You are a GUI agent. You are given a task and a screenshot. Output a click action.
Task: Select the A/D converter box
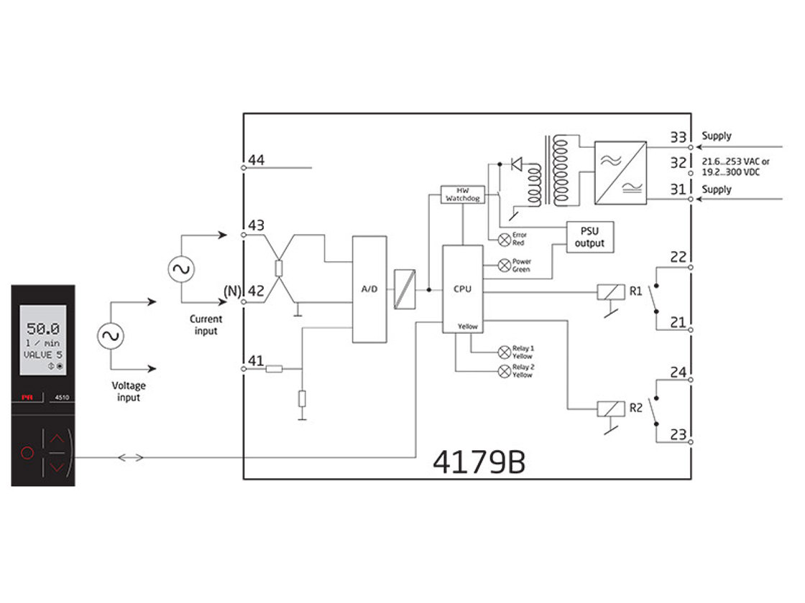tap(369, 289)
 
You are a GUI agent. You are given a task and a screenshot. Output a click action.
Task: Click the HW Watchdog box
tap(462, 194)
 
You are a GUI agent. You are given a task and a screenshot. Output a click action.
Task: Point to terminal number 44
tap(256, 159)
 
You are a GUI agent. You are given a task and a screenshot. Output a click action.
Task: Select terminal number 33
tap(678, 136)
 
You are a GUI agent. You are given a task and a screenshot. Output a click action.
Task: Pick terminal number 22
tap(678, 258)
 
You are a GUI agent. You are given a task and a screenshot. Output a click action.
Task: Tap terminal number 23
tap(678, 434)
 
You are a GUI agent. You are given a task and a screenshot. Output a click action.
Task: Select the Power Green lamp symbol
tap(503, 265)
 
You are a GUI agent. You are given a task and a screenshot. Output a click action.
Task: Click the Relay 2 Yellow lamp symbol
tap(503, 371)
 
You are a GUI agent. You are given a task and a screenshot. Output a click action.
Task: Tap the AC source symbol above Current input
tap(180, 270)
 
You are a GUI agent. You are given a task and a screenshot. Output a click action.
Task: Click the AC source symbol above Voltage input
tap(113, 336)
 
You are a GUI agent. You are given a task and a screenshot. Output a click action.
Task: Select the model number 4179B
tap(479, 463)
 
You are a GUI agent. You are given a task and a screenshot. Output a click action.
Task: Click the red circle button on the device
tap(27, 453)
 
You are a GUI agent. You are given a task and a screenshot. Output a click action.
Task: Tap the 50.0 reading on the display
tap(42, 329)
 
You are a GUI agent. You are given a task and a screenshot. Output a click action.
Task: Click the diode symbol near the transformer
tap(515, 164)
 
